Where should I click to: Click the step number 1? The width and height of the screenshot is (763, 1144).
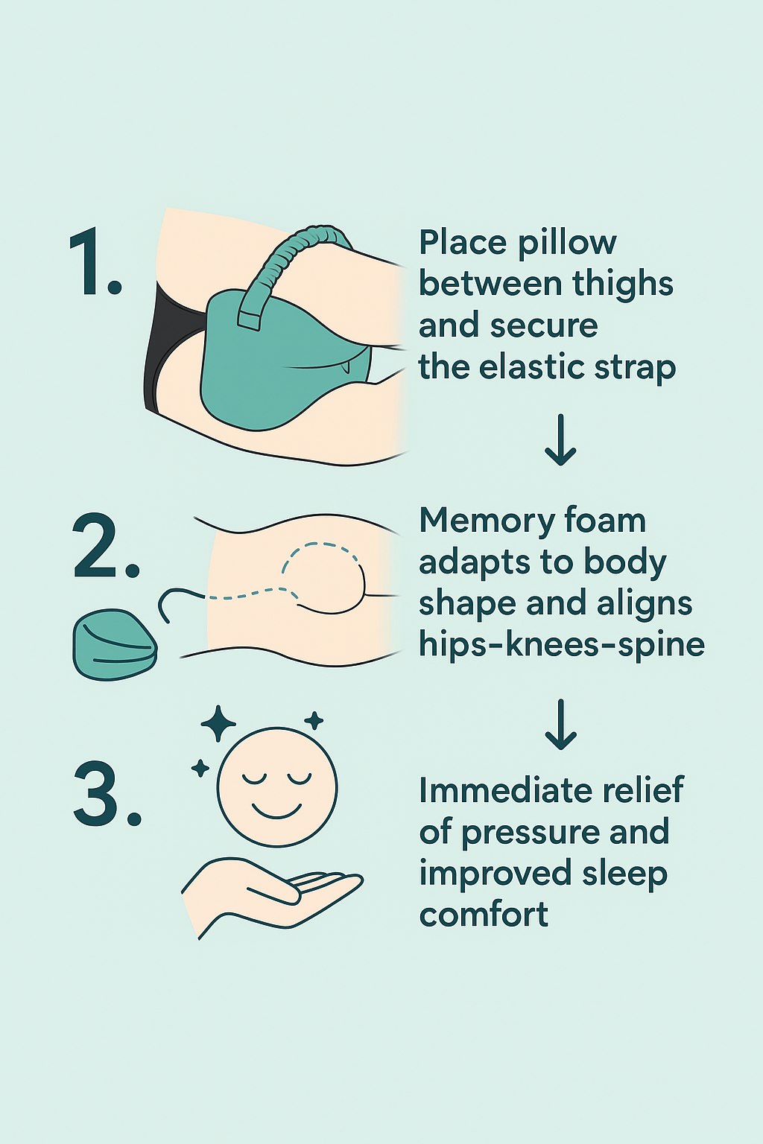[x=95, y=263]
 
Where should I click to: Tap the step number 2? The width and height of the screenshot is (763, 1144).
[x=106, y=547]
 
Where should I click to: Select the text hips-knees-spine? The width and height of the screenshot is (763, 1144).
[x=561, y=644]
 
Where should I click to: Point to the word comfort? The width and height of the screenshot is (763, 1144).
[x=484, y=915]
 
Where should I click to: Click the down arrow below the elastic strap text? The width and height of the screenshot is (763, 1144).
[x=560, y=440]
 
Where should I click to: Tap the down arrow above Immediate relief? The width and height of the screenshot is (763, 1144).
[x=560, y=724]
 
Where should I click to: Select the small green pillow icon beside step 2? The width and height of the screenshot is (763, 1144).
[x=114, y=645]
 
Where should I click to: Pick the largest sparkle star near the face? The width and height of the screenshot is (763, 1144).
[x=218, y=723]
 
